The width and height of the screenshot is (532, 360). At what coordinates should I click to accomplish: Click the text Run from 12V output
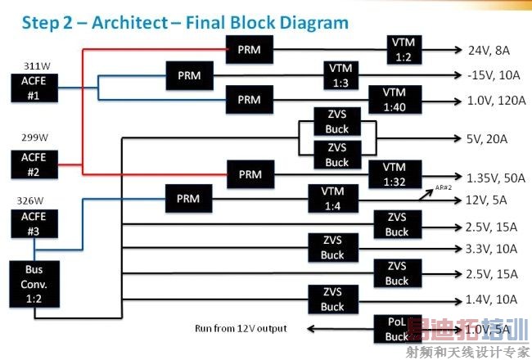click(241, 329)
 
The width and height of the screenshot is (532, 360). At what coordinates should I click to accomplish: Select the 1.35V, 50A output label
click(494, 178)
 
